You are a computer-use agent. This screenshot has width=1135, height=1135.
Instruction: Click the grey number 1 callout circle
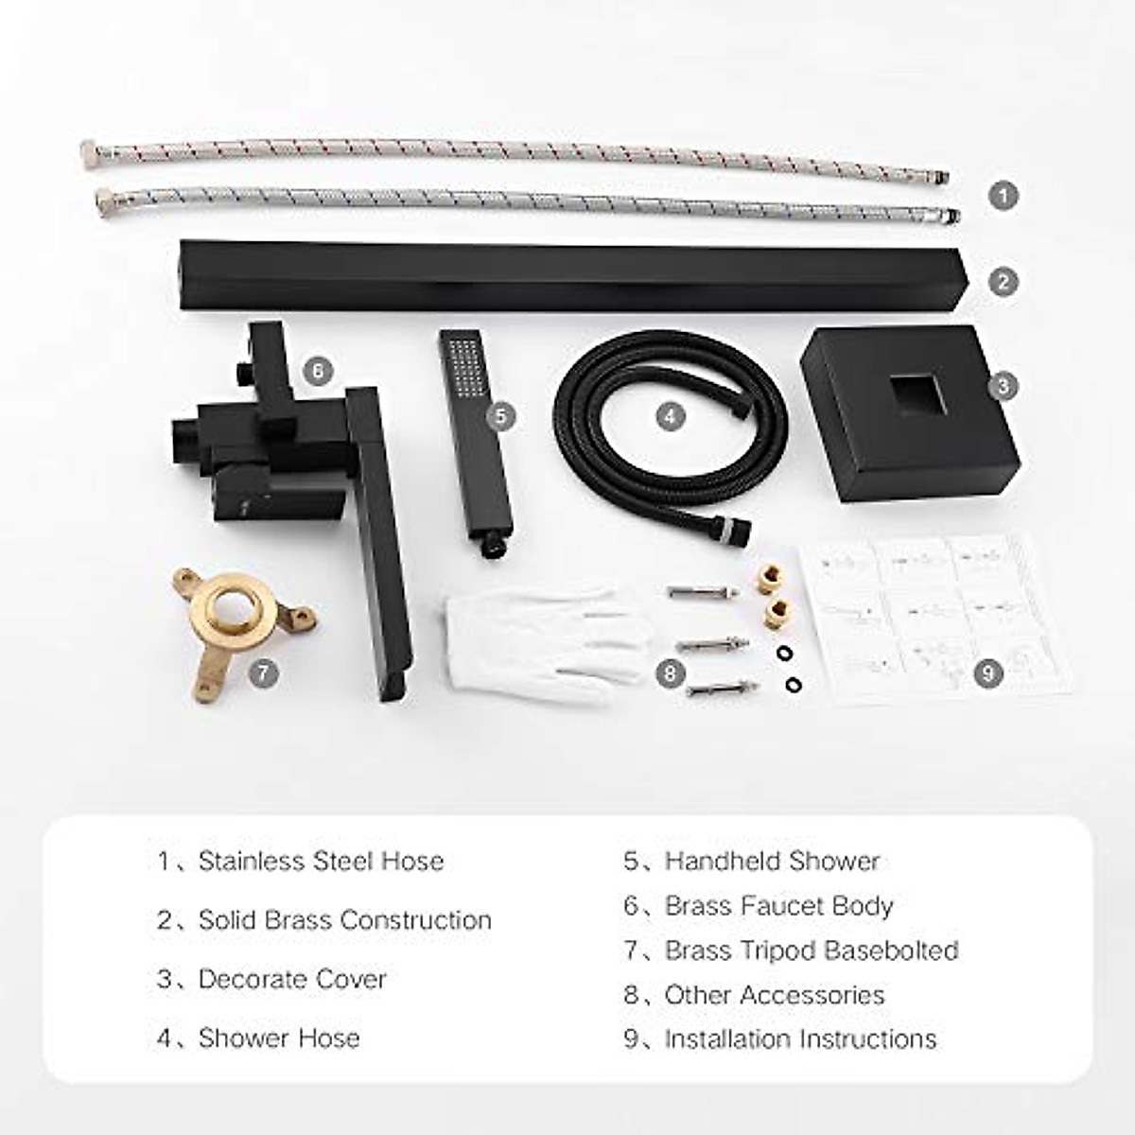point(1004,197)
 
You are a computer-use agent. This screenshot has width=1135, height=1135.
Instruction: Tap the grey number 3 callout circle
point(1004,386)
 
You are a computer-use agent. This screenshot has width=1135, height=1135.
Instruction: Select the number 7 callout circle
point(263,673)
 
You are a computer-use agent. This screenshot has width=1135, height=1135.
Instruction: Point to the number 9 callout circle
point(988,673)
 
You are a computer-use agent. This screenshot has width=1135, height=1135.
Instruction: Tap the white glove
point(539,634)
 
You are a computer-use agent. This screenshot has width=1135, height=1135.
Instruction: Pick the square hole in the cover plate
point(916,394)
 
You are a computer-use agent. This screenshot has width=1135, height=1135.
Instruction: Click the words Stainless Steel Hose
point(321,861)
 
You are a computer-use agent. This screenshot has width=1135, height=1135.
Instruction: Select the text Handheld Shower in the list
point(772,861)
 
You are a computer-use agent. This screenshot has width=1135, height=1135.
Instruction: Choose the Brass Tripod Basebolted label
point(812,950)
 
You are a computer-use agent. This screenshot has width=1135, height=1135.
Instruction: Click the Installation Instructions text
point(800,1039)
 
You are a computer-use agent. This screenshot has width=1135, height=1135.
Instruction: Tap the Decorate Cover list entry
point(292,979)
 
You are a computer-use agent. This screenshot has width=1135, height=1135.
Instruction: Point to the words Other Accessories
point(775,995)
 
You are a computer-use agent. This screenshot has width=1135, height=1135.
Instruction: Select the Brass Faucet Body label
point(778,905)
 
